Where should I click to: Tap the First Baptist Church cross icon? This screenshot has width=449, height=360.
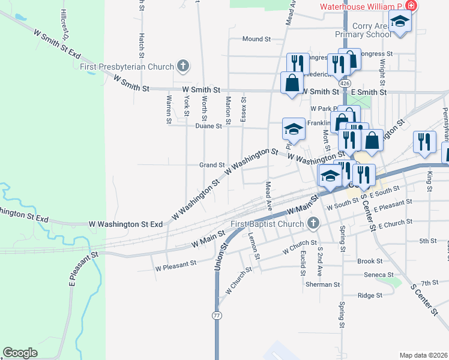point(313,224)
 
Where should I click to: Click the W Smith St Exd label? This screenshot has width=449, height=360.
point(58,44)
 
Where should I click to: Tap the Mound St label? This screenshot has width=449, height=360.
point(257,39)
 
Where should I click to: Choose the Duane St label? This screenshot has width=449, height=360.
point(209,126)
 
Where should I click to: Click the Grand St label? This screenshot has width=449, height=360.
point(212,164)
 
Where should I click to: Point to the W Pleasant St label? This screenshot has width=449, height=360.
point(176,263)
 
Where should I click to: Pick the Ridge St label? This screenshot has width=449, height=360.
point(370,295)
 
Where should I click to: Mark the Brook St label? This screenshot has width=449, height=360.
point(370,262)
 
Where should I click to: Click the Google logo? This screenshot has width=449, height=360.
point(20,353)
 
